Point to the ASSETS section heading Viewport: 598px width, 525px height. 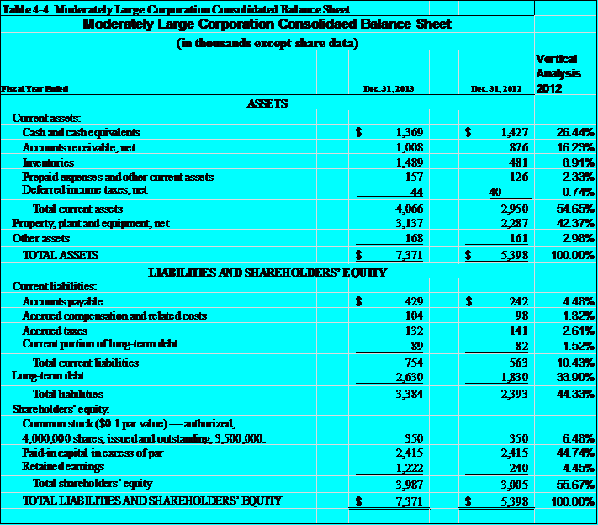pos(267,103)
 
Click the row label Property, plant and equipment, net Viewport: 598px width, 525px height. pos(91,223)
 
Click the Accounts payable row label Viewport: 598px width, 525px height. pos(62,301)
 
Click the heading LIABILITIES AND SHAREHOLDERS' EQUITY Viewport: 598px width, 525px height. pos(267,272)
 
